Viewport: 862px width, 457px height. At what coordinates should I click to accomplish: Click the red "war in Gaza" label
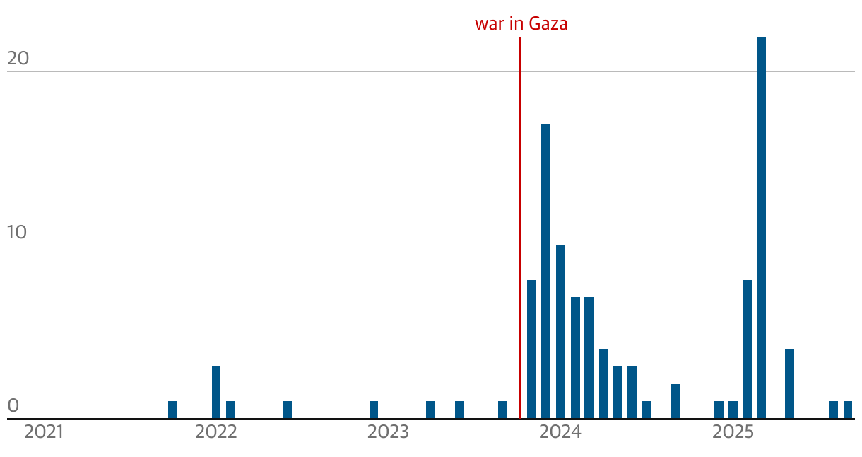(x=521, y=24)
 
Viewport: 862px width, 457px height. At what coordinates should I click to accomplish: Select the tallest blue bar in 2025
(x=761, y=226)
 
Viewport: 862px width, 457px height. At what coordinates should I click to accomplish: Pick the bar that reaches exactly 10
(x=560, y=332)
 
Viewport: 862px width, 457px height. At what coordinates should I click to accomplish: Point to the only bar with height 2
(x=675, y=401)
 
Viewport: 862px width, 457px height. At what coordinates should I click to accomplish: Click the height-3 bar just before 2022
(x=216, y=393)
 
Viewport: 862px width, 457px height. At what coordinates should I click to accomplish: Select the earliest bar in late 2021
(x=172, y=410)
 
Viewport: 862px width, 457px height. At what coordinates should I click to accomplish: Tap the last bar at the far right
(x=848, y=410)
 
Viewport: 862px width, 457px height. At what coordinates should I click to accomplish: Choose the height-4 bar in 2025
(x=789, y=384)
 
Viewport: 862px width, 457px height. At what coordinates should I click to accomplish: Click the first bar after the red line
(x=531, y=349)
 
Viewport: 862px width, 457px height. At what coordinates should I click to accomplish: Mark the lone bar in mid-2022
(x=287, y=410)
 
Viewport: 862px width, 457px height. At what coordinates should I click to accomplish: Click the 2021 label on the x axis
(x=44, y=432)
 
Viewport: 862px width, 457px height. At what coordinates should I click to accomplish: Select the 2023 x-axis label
(x=388, y=432)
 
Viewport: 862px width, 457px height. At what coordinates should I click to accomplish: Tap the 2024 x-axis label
(x=560, y=432)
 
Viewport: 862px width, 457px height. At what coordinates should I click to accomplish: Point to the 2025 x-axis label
(x=733, y=432)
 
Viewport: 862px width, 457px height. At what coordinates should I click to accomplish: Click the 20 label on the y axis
(x=18, y=59)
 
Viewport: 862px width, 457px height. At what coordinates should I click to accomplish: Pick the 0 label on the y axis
(x=13, y=406)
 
